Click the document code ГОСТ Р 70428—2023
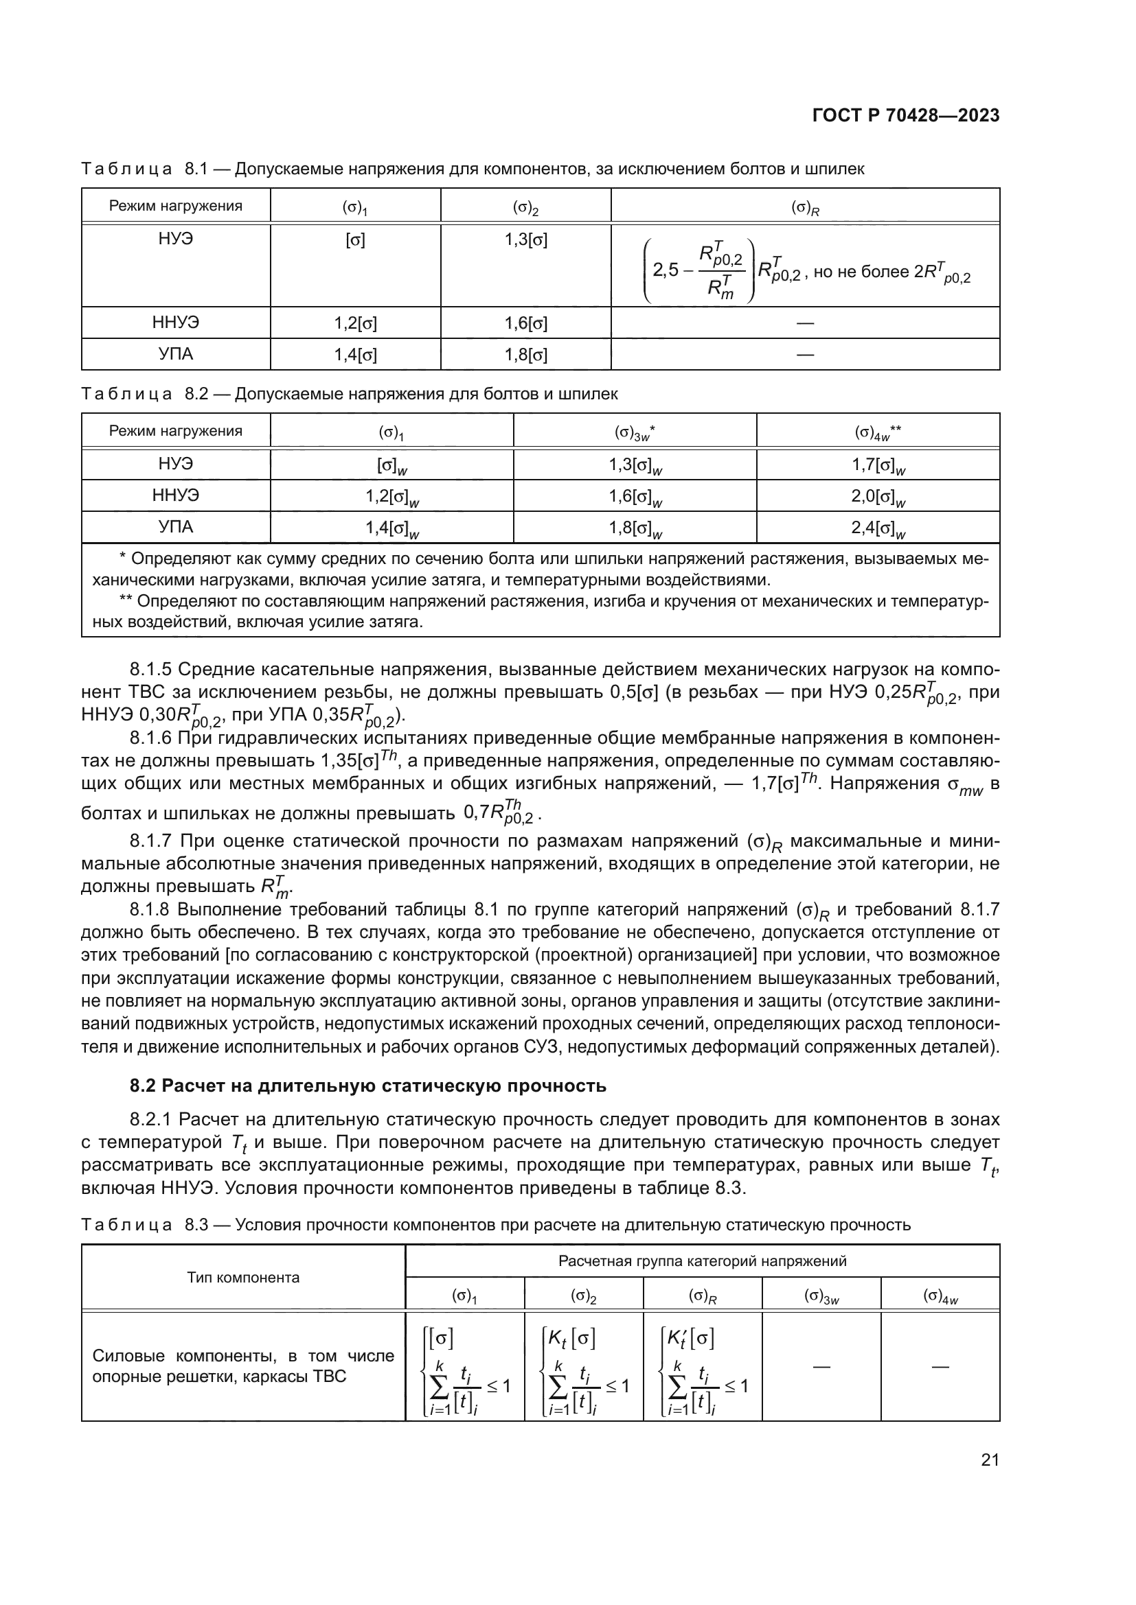pos(906,116)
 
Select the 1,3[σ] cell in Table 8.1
pos(526,240)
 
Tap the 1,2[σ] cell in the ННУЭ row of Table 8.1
pos(355,323)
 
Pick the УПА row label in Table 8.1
pos(176,354)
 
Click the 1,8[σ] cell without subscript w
pos(526,355)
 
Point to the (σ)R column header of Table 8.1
pos(805,207)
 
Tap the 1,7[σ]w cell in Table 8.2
pos(878,465)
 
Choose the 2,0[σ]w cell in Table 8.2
pos(878,497)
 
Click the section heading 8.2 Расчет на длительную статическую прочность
pos(368,1086)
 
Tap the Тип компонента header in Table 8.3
pos(242,1277)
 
